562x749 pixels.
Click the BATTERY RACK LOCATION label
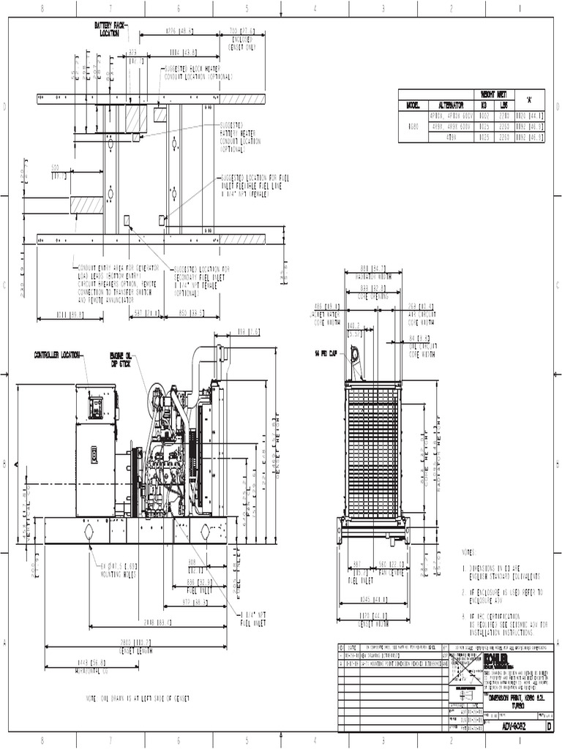[110, 29]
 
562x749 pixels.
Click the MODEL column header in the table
[412, 105]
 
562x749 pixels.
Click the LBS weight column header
[503, 105]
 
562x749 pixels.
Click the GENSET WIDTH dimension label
[373, 626]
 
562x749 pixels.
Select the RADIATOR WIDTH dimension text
[372, 277]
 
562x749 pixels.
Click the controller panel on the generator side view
[95, 407]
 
